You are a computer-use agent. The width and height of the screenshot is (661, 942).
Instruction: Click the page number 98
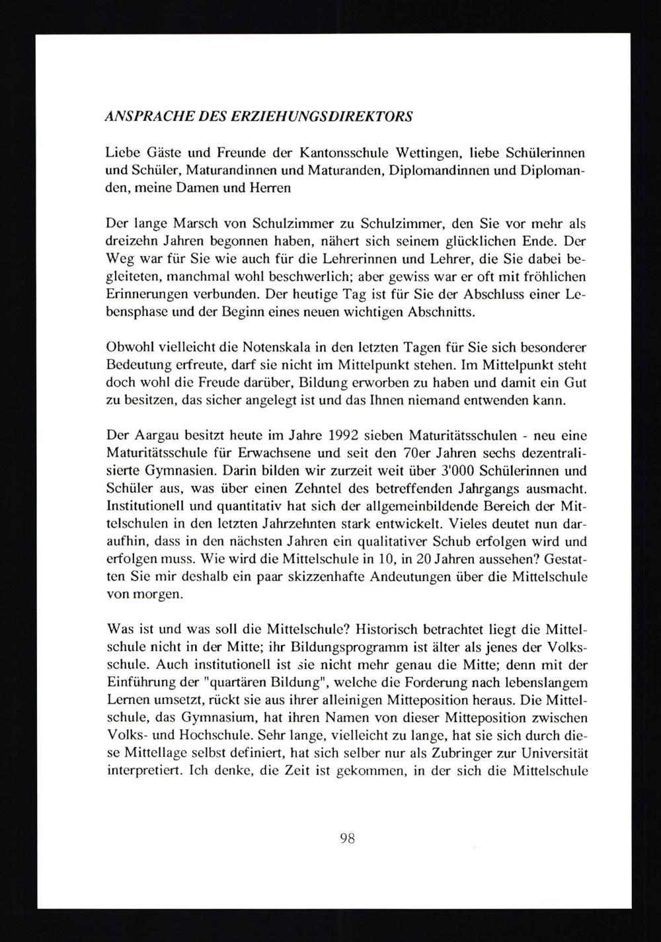[348, 839]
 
